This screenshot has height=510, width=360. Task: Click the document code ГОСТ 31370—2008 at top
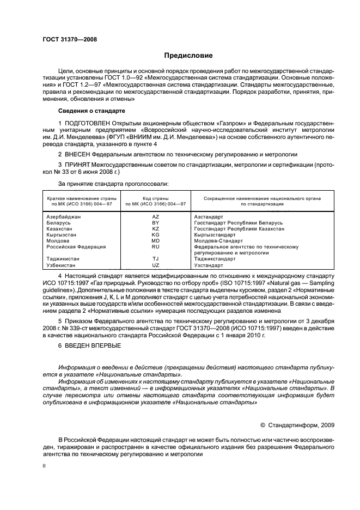[67, 39]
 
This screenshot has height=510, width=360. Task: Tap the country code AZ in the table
[155, 216]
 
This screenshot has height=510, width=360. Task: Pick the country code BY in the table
[155, 222]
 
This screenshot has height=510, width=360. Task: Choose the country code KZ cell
[155, 228]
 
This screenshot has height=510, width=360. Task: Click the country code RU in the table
[155, 246]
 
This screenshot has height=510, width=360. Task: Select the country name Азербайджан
[64, 216]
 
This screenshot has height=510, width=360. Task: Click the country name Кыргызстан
[62, 234]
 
